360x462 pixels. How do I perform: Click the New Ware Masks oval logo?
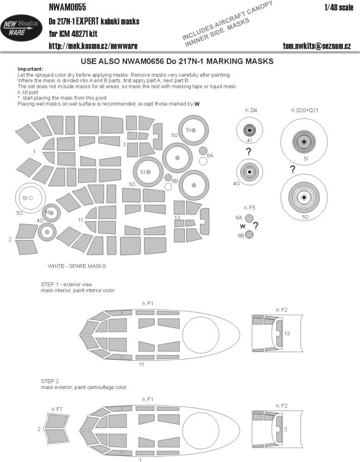(21, 28)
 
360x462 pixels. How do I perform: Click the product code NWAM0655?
(67, 6)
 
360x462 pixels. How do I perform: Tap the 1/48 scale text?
(339, 7)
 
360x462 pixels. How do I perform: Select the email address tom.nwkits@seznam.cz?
(317, 46)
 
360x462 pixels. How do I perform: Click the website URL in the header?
(93, 46)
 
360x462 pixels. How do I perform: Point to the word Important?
(30, 69)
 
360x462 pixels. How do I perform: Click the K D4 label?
(251, 110)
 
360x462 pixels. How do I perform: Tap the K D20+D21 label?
(305, 110)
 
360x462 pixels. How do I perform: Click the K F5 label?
(250, 208)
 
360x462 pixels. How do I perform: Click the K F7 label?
(57, 409)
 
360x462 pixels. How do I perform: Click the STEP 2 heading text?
(50, 381)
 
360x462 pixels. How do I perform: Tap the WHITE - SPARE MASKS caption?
(77, 266)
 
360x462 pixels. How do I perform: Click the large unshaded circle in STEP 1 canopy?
(201, 334)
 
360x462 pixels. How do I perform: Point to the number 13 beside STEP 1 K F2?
(287, 334)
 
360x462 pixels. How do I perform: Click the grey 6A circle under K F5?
(249, 219)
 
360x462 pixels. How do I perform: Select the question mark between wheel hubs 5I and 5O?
(292, 170)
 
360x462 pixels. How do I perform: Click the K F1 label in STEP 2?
(148, 400)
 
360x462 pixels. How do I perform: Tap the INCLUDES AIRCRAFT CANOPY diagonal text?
(226, 20)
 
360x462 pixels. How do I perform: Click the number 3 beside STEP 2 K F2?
(286, 430)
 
